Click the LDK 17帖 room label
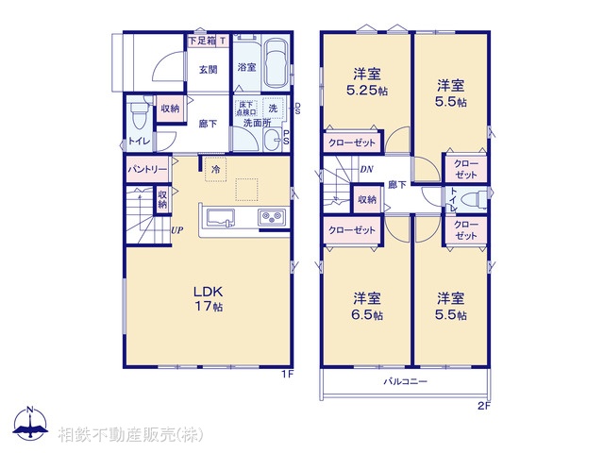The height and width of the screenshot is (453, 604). click(209, 299)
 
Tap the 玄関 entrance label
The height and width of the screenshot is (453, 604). click(209, 69)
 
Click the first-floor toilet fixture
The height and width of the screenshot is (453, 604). click(138, 118)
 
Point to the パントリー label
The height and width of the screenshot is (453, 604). click(147, 169)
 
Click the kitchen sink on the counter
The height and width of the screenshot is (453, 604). click(220, 218)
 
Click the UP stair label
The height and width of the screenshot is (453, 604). click(176, 230)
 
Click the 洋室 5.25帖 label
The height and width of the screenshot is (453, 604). click(367, 82)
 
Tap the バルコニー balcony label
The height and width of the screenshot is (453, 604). click(406, 381)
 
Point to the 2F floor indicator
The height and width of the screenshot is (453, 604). click(483, 407)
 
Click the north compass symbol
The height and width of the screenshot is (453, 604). click(30, 424)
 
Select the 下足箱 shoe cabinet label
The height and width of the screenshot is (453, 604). click(201, 41)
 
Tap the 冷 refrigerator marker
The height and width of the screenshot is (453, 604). click(215, 169)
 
